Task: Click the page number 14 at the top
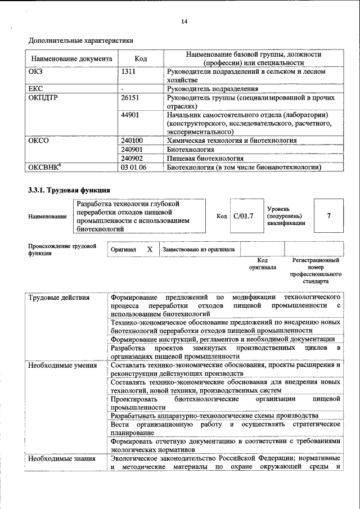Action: tap(183, 21)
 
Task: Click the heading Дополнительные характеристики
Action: tap(81, 40)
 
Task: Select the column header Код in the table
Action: tap(141, 59)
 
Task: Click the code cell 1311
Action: tap(128, 72)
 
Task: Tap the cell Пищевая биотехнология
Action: tap(205, 159)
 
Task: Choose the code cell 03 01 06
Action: tap(133, 167)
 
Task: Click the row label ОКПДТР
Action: tap(43, 97)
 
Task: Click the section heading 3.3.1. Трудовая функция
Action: tap(69, 190)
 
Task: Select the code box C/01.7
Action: tap(244, 216)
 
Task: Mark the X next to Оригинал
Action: tap(149, 249)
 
